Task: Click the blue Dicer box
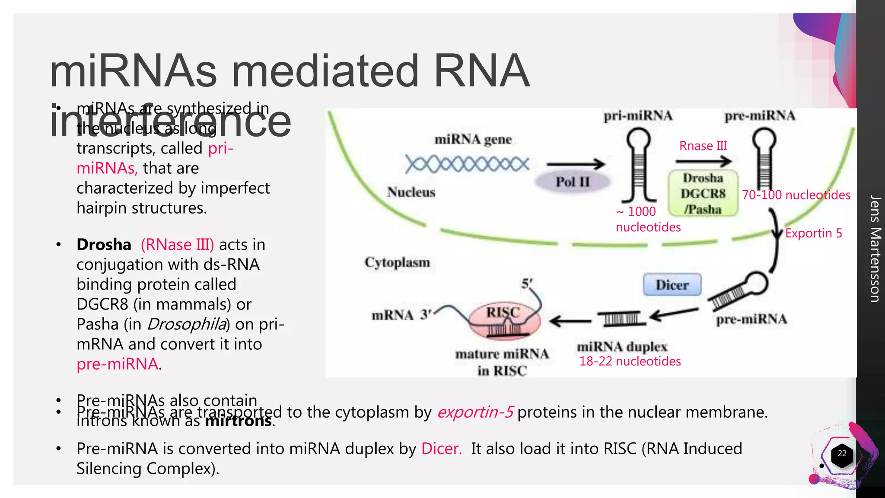(x=672, y=284)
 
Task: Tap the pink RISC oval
(x=504, y=320)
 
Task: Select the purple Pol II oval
(x=572, y=182)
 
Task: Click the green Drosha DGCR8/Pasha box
(x=703, y=193)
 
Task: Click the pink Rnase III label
(x=703, y=146)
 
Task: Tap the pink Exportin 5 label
(x=813, y=233)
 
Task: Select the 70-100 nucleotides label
(x=796, y=195)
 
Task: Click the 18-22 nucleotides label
(x=630, y=361)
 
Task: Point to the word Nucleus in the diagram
(x=411, y=192)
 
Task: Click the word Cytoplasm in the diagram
(x=397, y=262)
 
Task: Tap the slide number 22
(x=842, y=453)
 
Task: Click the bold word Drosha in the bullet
(x=104, y=245)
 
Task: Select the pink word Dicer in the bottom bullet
(x=441, y=449)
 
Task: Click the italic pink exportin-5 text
(x=474, y=412)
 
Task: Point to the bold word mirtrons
(x=239, y=421)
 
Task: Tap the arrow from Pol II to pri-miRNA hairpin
(x=576, y=164)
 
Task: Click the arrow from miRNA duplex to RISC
(x=570, y=321)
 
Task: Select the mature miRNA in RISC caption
(x=502, y=362)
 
